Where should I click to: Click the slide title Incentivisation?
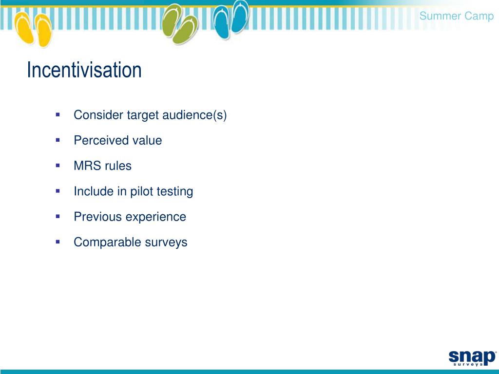pos(84,70)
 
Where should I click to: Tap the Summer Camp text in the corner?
pos(456,16)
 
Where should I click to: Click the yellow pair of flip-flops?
pos(33,29)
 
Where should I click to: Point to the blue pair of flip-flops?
pos(232,19)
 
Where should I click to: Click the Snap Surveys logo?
pos(471,356)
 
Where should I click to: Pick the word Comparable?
pos(100,242)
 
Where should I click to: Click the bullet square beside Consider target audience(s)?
pos(58,115)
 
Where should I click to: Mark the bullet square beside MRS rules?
pos(58,166)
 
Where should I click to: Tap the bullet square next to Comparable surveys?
pos(58,242)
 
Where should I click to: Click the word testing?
pos(175,191)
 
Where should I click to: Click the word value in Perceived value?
pos(147,141)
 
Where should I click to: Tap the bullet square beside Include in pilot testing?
pos(58,191)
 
